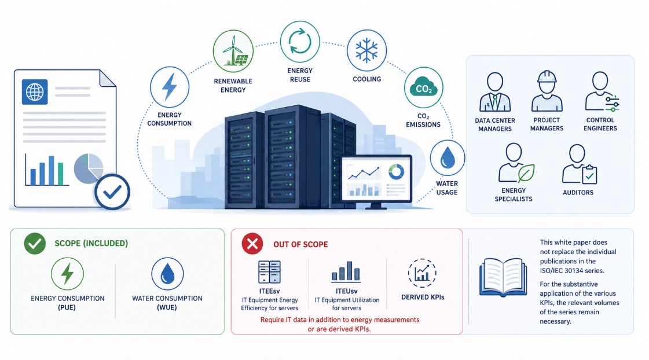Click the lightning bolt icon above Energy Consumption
coord(169,87)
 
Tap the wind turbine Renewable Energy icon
coord(233,50)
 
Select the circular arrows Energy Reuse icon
coord(300,41)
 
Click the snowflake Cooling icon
coord(366,50)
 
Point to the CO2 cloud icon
coord(423,88)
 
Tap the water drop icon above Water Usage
coord(447,157)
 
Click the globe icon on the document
coord(35,92)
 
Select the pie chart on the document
coord(88,168)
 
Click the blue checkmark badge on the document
coord(112,192)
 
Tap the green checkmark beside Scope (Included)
coord(35,243)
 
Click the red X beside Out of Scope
coord(252,243)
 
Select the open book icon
coord(503,278)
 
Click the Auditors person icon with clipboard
coord(579,164)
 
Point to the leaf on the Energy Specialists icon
coord(526,173)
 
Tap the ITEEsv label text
coord(269,291)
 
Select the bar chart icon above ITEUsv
coord(346,271)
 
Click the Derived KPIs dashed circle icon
coord(422,273)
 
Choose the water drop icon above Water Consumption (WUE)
coord(167,274)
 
